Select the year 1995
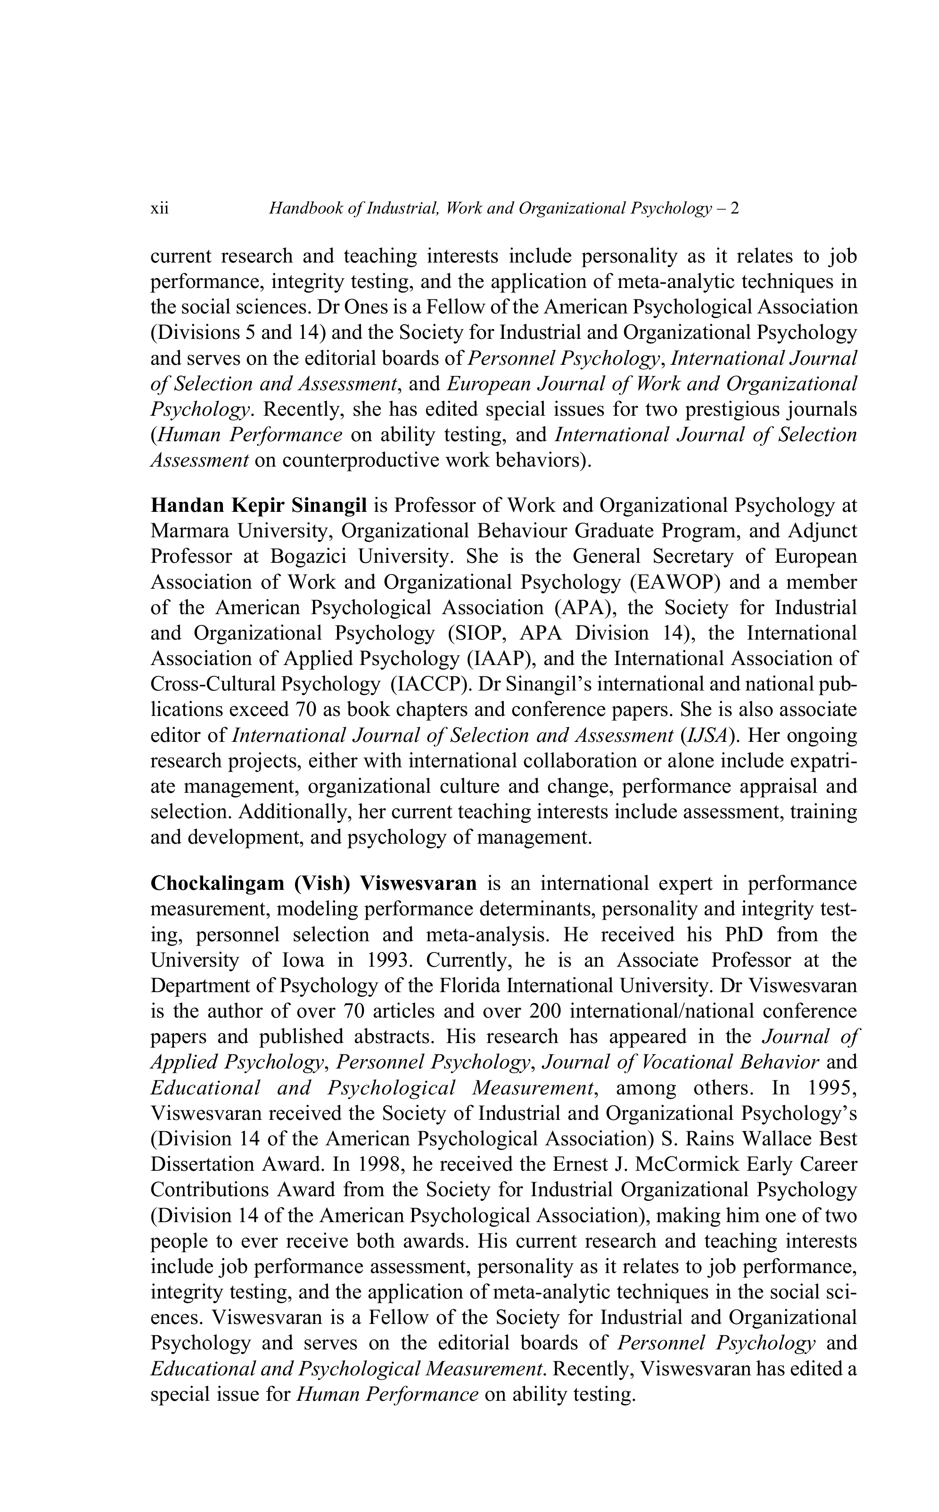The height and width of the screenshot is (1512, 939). coord(831,1088)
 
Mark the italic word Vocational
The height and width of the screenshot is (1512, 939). coord(678,1062)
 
